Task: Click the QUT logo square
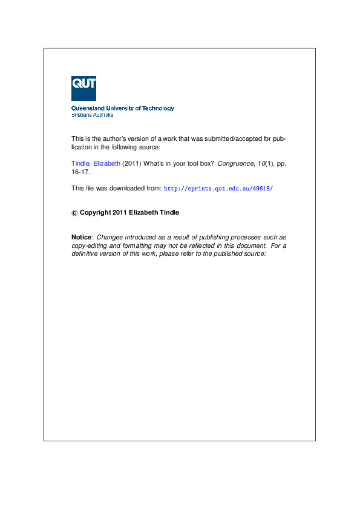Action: [x=83, y=88]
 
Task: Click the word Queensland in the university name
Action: [x=87, y=108]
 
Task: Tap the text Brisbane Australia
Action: [x=92, y=114]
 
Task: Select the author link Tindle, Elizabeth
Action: [x=96, y=163]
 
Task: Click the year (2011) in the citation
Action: [x=132, y=163]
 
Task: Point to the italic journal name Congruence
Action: [x=234, y=163]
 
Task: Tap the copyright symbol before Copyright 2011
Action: [x=74, y=213]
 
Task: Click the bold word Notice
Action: [x=82, y=238]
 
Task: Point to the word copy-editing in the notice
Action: [x=88, y=246]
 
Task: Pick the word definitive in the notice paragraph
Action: [x=85, y=254]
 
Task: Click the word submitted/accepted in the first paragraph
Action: [x=232, y=138]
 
